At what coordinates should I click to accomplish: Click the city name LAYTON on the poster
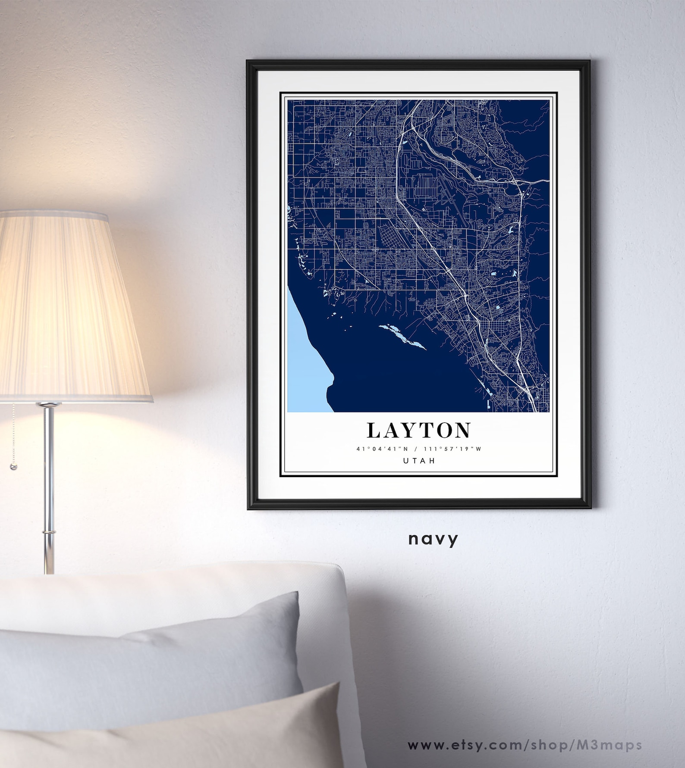[x=418, y=430]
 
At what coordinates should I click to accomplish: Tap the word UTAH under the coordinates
[x=418, y=460]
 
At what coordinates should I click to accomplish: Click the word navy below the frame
[x=433, y=539]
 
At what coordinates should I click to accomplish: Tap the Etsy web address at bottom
[x=525, y=745]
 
